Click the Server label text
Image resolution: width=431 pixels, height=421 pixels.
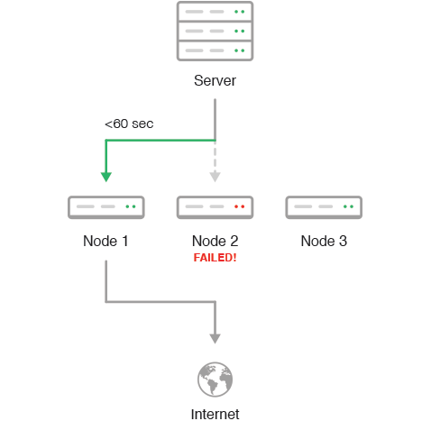click(215, 80)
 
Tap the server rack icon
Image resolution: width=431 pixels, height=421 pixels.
click(215, 32)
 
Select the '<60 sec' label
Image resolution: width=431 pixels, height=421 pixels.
click(129, 124)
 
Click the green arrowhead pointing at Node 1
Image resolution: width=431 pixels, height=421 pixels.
click(106, 177)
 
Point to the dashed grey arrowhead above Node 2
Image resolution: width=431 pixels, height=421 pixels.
click(215, 177)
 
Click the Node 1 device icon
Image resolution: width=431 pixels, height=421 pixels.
click(106, 207)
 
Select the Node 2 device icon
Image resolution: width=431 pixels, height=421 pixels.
click(215, 207)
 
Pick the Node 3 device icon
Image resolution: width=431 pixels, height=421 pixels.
click(324, 207)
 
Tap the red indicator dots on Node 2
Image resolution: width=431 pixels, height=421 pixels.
click(240, 206)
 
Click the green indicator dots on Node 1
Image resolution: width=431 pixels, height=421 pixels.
click(131, 206)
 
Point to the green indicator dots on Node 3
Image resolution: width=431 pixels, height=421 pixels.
click(348, 206)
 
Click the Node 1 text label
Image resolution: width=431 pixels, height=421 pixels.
click(105, 241)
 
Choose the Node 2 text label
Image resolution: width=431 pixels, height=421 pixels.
click(215, 241)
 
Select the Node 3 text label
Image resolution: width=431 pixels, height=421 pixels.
click(324, 241)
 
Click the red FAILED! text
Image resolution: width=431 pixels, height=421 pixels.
click(215, 258)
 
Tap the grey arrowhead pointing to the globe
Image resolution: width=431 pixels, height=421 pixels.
click(215, 339)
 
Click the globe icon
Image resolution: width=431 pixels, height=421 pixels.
click(215, 380)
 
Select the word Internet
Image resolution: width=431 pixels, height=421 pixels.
click(215, 415)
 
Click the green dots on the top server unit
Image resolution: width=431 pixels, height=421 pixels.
click(240, 12)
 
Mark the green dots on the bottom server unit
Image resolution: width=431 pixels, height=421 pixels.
click(240, 50)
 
